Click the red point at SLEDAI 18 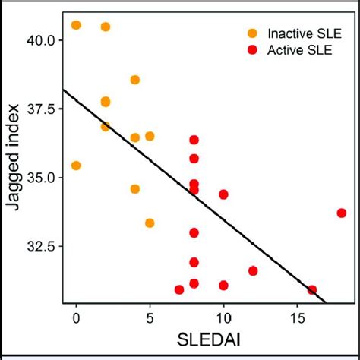(x=342, y=213)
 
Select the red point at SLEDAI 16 (x=312, y=290)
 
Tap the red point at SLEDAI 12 (x=253, y=270)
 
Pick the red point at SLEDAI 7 (x=179, y=289)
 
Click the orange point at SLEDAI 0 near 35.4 (x=76, y=166)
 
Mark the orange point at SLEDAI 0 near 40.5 (x=76, y=25)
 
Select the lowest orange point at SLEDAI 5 (x=150, y=223)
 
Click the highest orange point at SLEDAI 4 (x=135, y=80)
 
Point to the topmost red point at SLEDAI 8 (x=194, y=140)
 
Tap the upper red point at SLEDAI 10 (x=223, y=194)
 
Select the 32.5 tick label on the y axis (x=42, y=246)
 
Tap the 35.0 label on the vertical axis (x=42, y=177)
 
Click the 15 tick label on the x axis (x=297, y=315)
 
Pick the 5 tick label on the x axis (x=150, y=315)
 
